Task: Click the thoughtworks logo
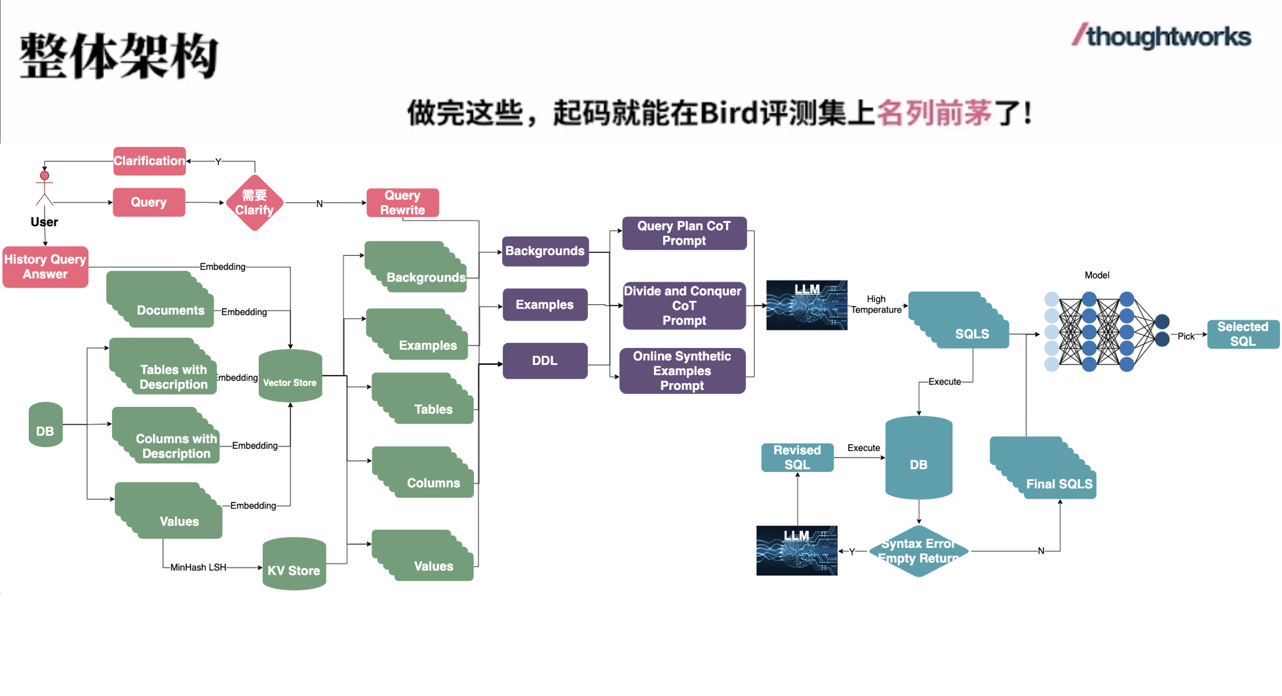click(1161, 37)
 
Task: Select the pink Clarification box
click(149, 161)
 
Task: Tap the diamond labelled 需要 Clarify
click(254, 203)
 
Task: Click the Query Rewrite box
click(402, 203)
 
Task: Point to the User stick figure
click(45, 190)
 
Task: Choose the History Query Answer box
click(45, 267)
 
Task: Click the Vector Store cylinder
click(290, 376)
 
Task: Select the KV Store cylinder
click(294, 564)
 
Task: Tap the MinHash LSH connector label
click(198, 568)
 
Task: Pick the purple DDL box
click(545, 361)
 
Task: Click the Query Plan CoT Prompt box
click(684, 233)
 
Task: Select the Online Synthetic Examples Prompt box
click(682, 371)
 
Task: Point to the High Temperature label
click(876, 305)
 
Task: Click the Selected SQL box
click(1243, 334)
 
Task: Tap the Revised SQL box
click(797, 457)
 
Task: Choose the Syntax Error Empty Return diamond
click(918, 551)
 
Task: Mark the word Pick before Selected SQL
click(1186, 337)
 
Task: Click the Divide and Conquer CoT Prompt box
click(684, 305)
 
